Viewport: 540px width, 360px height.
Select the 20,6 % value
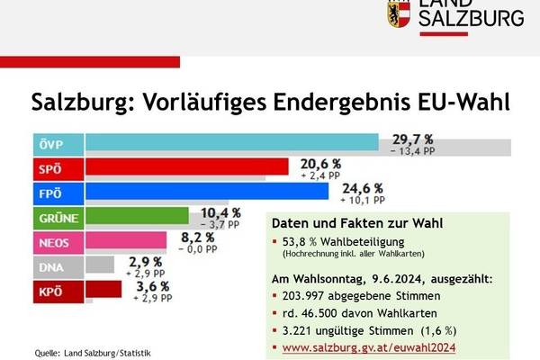pyautogui.click(x=321, y=163)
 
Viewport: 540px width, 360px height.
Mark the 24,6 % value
pyautogui.click(x=363, y=187)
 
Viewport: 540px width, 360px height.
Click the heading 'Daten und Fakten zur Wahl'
pyautogui.click(x=358, y=223)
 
